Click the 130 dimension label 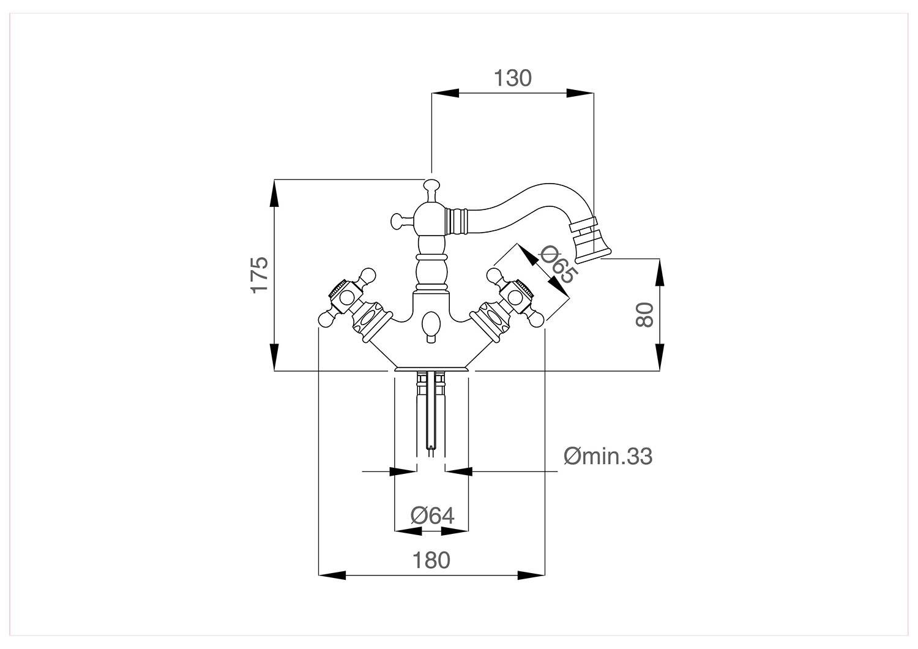pyautogui.click(x=512, y=78)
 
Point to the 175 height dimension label pyautogui.click(x=259, y=275)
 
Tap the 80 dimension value pyautogui.click(x=644, y=315)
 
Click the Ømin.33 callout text pyautogui.click(x=608, y=456)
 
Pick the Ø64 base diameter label pyautogui.click(x=432, y=516)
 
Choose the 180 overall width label pyautogui.click(x=431, y=560)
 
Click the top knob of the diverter pyautogui.click(x=431, y=187)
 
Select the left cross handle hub pyautogui.click(x=347, y=298)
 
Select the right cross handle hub pyautogui.click(x=516, y=298)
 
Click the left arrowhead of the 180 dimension pyautogui.click(x=332, y=575)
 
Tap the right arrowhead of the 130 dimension pyautogui.click(x=580, y=93)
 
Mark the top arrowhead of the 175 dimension pyautogui.click(x=274, y=193)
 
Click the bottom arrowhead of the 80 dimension pyautogui.click(x=659, y=357)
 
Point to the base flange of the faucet pyautogui.click(x=431, y=369)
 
